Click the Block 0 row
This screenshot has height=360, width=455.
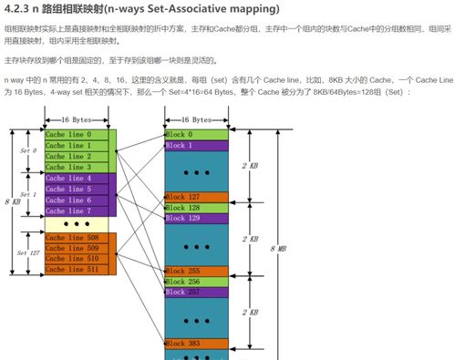(196, 135)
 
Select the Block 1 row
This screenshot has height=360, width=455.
(196, 146)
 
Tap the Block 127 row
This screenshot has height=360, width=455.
(196, 197)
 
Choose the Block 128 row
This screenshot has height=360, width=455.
(196, 208)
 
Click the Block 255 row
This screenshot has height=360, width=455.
(196, 271)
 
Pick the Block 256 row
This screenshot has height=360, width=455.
(196, 282)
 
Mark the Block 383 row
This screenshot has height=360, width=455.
(196, 344)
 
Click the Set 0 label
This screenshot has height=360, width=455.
(28, 150)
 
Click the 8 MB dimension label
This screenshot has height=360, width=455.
(274, 248)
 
